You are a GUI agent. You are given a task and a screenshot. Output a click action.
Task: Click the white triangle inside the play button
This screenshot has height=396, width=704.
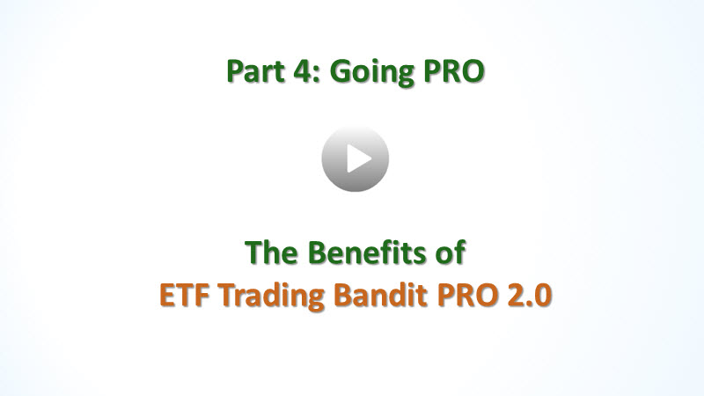[x=359, y=158]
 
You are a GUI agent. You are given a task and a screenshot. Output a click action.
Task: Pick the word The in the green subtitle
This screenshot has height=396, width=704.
[x=271, y=252]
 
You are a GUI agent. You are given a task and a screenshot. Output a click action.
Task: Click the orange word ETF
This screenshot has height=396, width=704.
[x=185, y=295]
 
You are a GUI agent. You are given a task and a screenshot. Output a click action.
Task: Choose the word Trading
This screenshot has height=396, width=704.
[x=272, y=297]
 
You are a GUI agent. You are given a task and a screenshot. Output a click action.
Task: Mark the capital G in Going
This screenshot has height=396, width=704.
[x=341, y=72]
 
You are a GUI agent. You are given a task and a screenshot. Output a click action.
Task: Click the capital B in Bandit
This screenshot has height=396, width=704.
[x=343, y=296]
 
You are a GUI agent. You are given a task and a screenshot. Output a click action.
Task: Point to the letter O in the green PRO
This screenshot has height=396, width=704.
[x=472, y=72]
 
